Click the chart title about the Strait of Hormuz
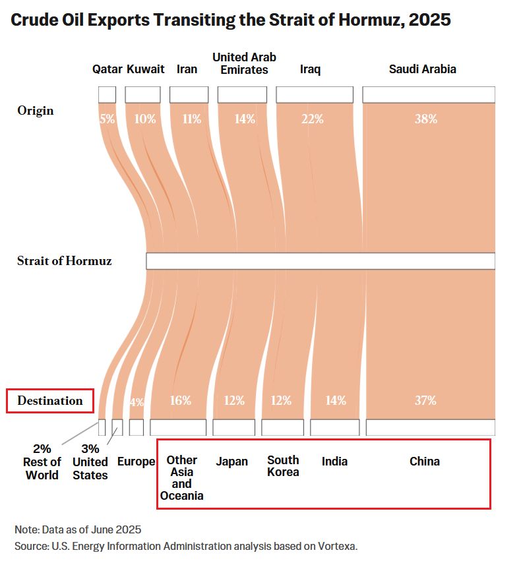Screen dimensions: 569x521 pyautogui.click(x=231, y=20)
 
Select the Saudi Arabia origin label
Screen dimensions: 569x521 pyautogui.click(x=422, y=69)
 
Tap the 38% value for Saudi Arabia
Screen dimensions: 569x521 pyautogui.click(x=426, y=119)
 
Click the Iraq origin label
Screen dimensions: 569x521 pyautogui.click(x=310, y=69)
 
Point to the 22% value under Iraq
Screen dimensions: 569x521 pyautogui.click(x=313, y=119)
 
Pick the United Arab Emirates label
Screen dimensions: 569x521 pyautogui.click(x=244, y=63)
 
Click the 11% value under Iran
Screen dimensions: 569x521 pyautogui.click(x=191, y=119)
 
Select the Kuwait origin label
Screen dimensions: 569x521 pyautogui.click(x=145, y=69)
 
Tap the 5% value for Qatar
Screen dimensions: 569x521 pyautogui.click(x=107, y=119)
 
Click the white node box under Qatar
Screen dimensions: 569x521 pyautogui.click(x=107, y=94)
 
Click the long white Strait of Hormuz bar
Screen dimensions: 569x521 pyautogui.click(x=320, y=261)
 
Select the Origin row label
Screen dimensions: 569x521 pyautogui.click(x=36, y=110)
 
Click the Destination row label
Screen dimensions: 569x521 pyautogui.click(x=50, y=400)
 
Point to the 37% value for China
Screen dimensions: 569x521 pyautogui.click(x=425, y=400)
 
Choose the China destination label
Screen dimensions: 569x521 pyautogui.click(x=425, y=461)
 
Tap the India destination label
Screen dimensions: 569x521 pyautogui.click(x=334, y=461)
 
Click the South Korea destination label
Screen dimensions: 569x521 pyautogui.click(x=283, y=465)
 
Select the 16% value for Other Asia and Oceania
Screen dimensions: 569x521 pyautogui.click(x=181, y=400)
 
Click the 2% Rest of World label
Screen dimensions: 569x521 pyautogui.click(x=42, y=462)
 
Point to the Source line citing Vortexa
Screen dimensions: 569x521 pyautogui.click(x=185, y=546)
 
